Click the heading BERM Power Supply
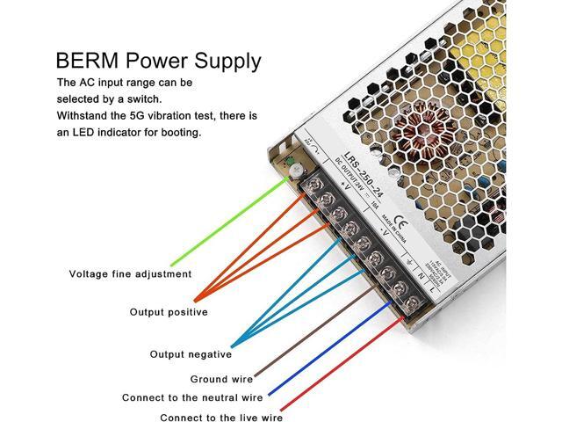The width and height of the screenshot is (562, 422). click(x=158, y=61)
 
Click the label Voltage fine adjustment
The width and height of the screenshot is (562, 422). click(x=130, y=273)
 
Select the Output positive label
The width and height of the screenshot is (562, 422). click(x=169, y=311)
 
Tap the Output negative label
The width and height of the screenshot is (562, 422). click(x=191, y=354)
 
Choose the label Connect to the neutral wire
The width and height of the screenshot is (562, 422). click(x=191, y=398)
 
